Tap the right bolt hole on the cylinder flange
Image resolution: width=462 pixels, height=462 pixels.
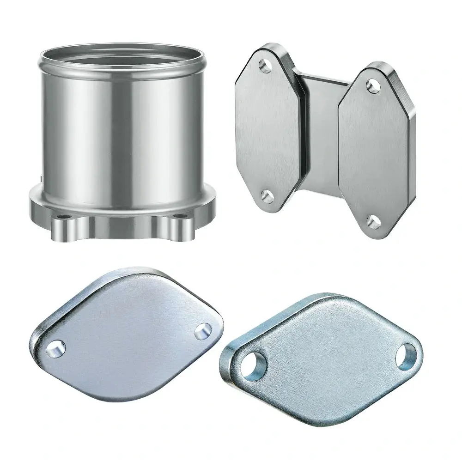click(178, 215)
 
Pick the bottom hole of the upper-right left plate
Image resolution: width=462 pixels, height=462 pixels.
click(267, 197)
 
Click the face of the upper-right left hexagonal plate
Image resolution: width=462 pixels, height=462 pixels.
click(268, 129)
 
